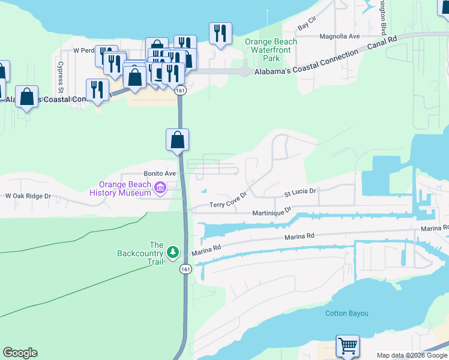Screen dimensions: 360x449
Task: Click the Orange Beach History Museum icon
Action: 160,188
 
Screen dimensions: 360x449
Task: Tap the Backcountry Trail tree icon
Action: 173,251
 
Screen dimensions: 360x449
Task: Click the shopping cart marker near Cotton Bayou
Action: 348,346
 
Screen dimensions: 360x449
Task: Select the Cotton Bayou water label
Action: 346,313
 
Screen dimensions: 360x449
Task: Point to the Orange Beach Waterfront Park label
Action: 271,50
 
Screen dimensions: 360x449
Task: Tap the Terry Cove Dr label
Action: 228,201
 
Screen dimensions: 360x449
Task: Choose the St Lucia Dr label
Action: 300,193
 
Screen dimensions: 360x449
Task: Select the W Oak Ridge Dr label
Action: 28,196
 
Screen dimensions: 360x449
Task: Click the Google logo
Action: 20,353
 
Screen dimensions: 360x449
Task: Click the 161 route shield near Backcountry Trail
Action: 184,269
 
